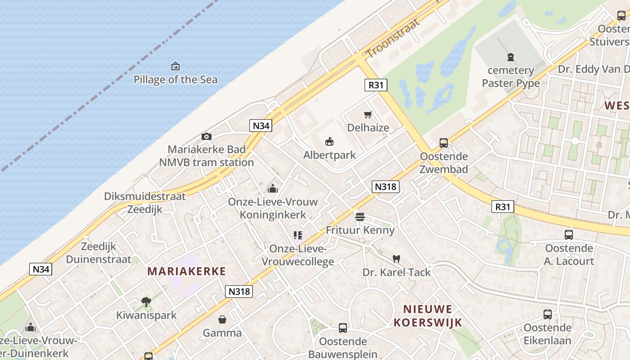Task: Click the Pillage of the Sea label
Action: pyautogui.click(x=175, y=80)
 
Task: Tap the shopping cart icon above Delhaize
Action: pyautogui.click(x=368, y=115)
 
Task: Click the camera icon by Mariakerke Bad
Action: pyautogui.click(x=207, y=136)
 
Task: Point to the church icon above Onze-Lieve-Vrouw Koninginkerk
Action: pyautogui.click(x=273, y=189)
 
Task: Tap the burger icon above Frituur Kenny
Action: pyautogui.click(x=360, y=217)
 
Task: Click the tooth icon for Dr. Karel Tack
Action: pyautogui.click(x=396, y=259)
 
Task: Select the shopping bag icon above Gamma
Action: pyautogui.click(x=222, y=319)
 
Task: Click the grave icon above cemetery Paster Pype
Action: pyautogui.click(x=511, y=57)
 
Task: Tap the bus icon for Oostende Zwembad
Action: pyautogui.click(x=444, y=143)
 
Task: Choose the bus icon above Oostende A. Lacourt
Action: pyautogui.click(x=569, y=234)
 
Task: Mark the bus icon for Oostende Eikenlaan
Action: pyautogui.click(x=548, y=315)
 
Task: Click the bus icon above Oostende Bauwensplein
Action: pyautogui.click(x=343, y=328)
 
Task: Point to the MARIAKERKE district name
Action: pyautogui.click(x=186, y=271)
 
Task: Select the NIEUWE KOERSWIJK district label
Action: pyautogui.click(x=427, y=315)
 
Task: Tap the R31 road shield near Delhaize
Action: pyautogui.click(x=375, y=85)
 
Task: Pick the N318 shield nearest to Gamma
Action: pyautogui.click(x=239, y=291)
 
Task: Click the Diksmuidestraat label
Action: pyautogui.click(x=145, y=197)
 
